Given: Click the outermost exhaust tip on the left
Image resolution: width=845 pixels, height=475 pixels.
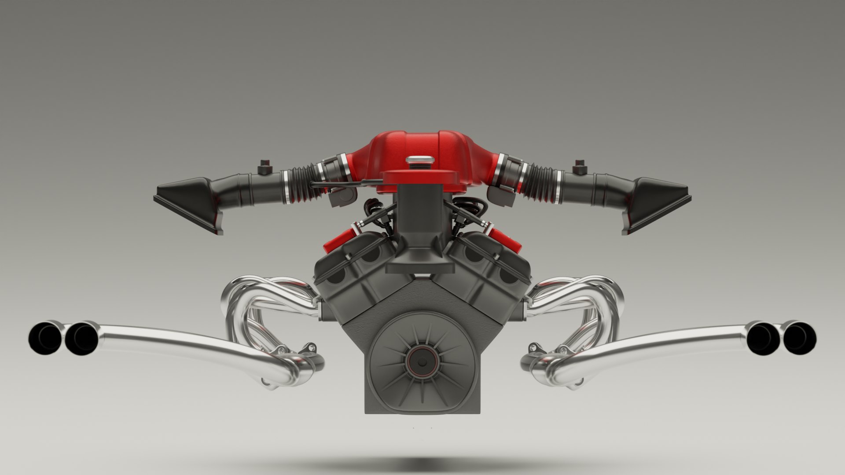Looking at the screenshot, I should [x=45, y=337].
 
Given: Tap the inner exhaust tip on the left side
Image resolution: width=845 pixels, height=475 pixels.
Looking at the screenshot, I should [x=81, y=338].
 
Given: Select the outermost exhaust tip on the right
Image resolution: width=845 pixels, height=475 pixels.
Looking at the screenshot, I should [x=799, y=338].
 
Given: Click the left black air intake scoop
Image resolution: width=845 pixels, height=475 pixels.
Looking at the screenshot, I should [x=189, y=202].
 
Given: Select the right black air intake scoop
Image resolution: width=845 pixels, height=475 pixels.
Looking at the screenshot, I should [x=656, y=202].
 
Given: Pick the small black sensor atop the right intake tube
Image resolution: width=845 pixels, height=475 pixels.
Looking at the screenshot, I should [x=580, y=167].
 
